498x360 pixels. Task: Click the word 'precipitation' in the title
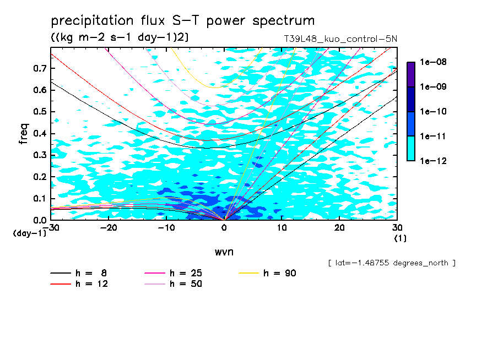(x=92, y=21)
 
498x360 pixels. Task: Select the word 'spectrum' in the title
(x=283, y=21)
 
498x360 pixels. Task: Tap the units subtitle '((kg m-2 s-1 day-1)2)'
(x=120, y=37)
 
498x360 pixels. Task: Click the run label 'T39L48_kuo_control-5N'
(x=340, y=39)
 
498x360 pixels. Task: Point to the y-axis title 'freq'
(x=24, y=134)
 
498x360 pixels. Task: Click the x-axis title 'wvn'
(x=224, y=252)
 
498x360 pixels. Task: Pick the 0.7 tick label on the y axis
(x=40, y=68)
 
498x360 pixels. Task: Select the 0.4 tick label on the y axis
(x=40, y=133)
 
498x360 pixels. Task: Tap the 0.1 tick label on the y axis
(x=40, y=198)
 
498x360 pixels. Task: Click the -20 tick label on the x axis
(x=109, y=228)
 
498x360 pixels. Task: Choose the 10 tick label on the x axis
(x=282, y=228)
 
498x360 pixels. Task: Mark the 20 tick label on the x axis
(x=339, y=228)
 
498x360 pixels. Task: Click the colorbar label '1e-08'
(x=433, y=62)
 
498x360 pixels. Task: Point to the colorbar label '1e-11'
(x=433, y=136)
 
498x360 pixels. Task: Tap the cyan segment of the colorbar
(x=411, y=149)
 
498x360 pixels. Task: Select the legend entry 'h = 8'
(x=78, y=273)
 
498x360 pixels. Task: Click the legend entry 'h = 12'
(x=79, y=283)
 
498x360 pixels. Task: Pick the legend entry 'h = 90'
(x=267, y=273)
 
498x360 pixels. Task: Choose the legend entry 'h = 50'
(x=174, y=283)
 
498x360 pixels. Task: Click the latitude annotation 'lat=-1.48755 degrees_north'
(x=392, y=263)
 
